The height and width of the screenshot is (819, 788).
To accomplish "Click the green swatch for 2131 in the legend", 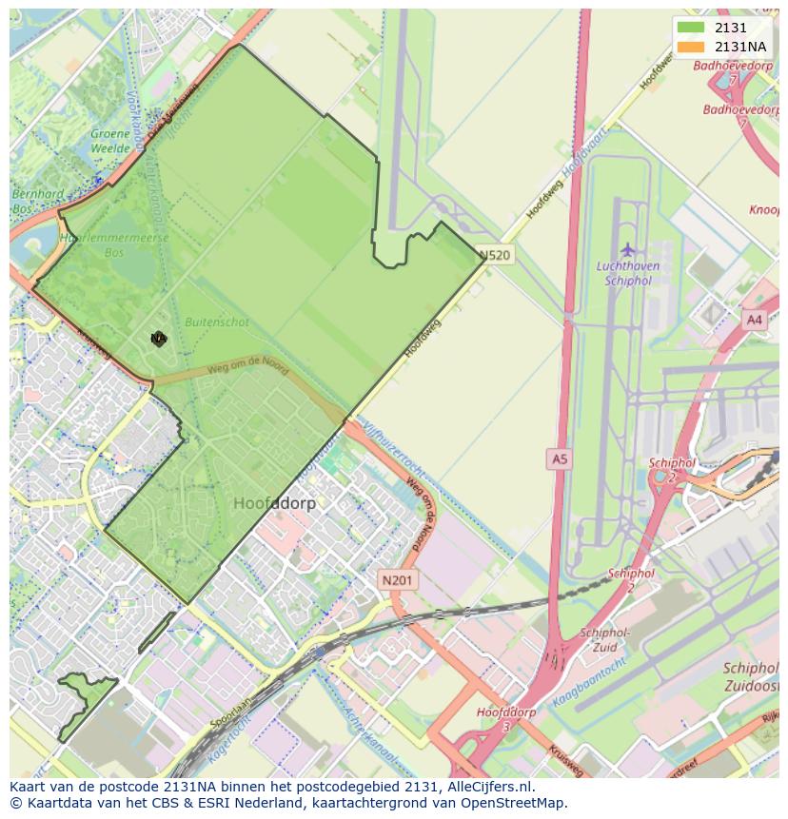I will (691, 29).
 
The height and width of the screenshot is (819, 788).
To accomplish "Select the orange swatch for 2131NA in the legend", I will (691, 47).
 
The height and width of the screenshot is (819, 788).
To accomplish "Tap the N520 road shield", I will (495, 255).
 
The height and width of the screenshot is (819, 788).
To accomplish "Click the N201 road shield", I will (398, 579).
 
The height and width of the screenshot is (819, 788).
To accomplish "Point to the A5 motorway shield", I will (559, 459).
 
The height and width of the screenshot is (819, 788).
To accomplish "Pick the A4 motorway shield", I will (755, 321).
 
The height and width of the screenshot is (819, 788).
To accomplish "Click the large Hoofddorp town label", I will (274, 503).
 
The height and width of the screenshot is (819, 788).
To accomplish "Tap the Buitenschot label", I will (217, 322).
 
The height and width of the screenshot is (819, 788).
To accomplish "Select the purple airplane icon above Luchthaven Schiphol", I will (627, 249).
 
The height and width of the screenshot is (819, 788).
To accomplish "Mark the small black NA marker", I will (158, 338).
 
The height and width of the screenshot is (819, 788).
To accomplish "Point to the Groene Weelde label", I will (109, 141).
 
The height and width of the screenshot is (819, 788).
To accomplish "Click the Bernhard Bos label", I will (38, 200).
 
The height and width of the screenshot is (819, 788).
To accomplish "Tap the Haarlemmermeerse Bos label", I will (113, 244).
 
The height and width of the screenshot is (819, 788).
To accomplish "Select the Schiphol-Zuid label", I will (604, 638).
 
